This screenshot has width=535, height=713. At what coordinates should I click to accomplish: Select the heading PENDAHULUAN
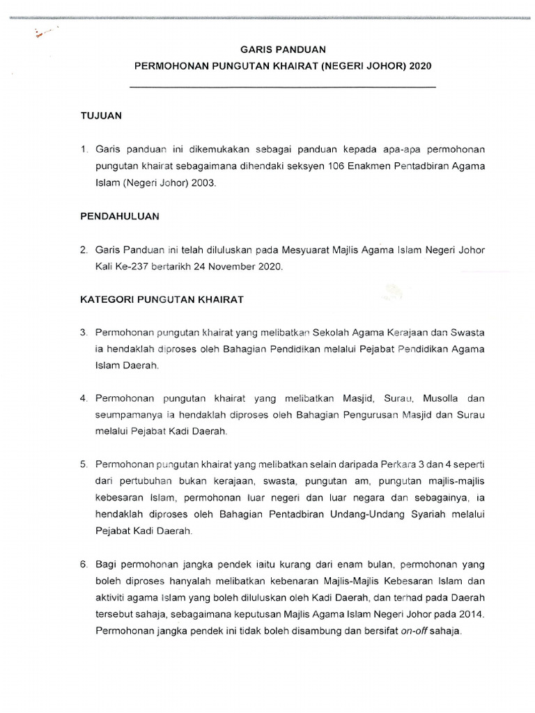pyautogui.click(x=120, y=217)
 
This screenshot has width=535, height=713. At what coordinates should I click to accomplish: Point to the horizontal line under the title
pyautogui.click(x=283, y=87)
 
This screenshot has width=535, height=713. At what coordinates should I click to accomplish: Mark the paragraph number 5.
pyautogui.click(x=83, y=464)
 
